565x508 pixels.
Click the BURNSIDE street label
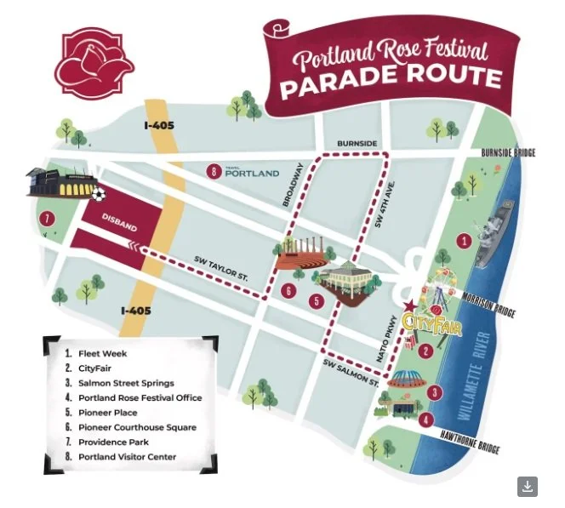coord(357,144)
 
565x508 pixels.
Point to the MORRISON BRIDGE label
coord(488,305)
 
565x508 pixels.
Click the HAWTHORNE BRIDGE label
coord(469,441)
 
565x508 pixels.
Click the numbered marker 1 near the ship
coord(464,241)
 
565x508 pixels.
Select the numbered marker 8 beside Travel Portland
coord(213,172)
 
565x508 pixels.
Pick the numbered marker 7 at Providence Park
coord(47,219)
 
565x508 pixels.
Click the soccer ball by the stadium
coord(98,195)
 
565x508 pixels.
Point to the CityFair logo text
coord(431,323)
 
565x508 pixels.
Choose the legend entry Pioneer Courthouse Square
coord(136,427)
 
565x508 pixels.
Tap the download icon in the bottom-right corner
coord(528,486)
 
